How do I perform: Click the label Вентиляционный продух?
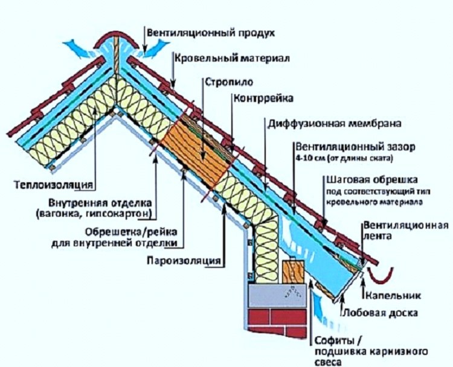(211, 33)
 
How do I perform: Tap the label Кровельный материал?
(232, 58)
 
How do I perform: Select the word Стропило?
(229, 82)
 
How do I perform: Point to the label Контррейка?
(263, 98)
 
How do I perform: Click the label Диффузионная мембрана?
(335, 123)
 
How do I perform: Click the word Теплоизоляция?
(54, 184)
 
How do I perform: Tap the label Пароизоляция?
(184, 261)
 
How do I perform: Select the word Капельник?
(393, 295)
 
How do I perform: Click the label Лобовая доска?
(380, 313)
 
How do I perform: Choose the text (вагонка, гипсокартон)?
(94, 214)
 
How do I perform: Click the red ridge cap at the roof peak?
(115, 40)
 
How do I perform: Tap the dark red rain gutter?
(381, 276)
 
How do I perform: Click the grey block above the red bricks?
(278, 295)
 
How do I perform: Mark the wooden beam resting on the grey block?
(293, 272)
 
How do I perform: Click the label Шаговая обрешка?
(372, 179)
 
